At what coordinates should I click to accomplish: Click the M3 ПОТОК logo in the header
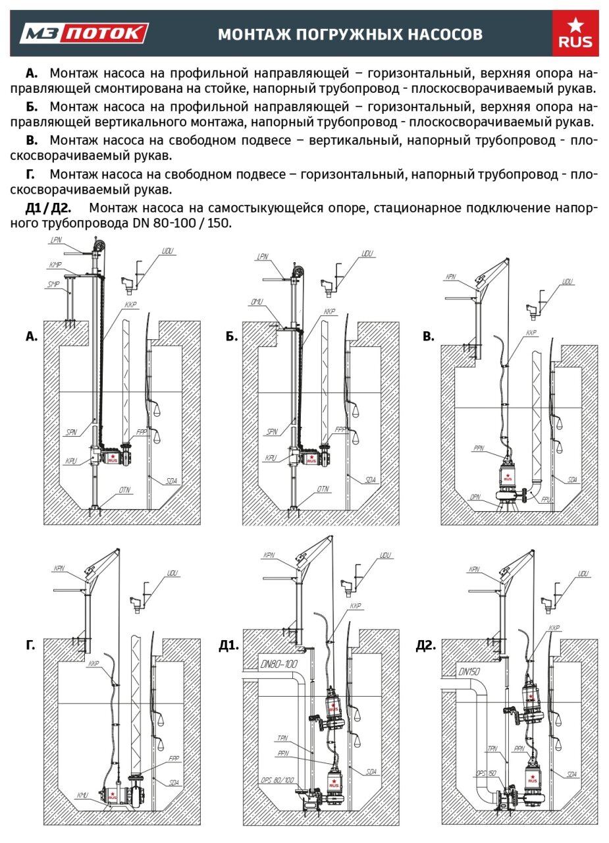[84, 33]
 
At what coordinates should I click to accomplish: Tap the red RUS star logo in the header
[575, 34]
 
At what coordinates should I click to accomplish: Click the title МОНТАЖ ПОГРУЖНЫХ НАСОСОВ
[350, 34]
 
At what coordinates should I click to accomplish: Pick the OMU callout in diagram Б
[257, 302]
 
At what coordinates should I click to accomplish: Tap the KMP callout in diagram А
[55, 264]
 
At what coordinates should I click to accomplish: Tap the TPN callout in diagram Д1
[283, 738]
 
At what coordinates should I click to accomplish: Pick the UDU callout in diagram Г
[173, 573]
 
